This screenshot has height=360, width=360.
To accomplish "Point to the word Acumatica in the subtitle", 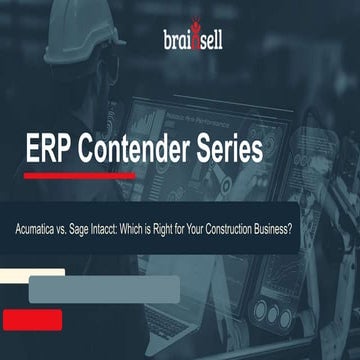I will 57,228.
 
